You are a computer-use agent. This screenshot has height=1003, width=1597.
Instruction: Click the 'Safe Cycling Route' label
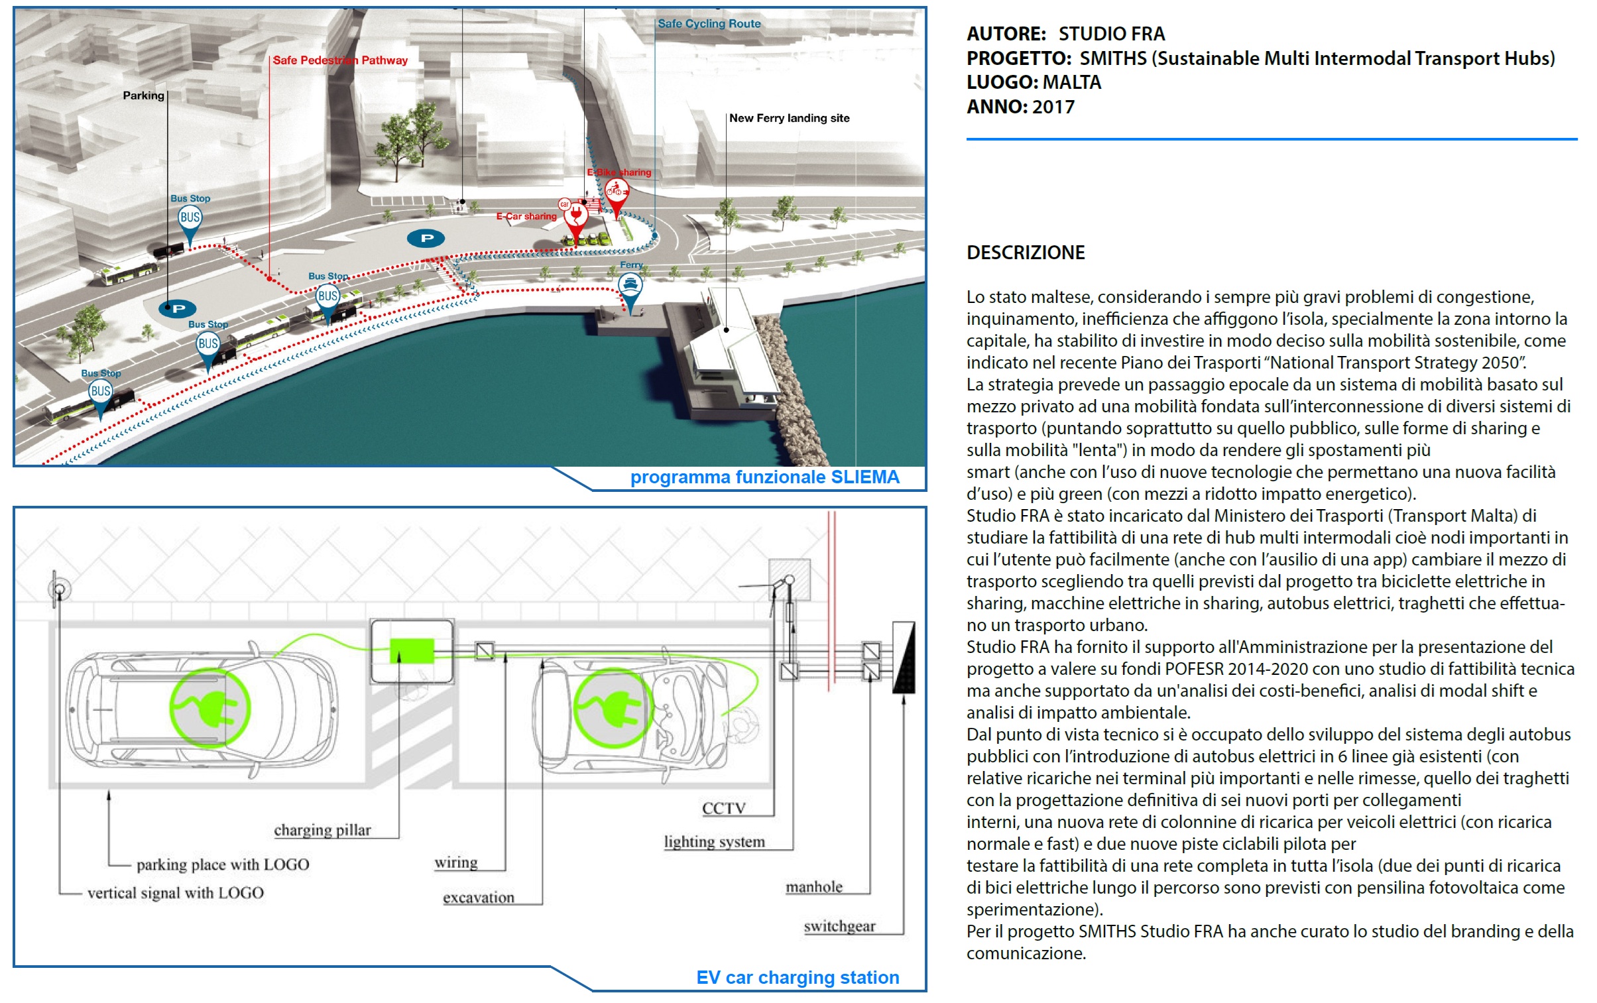(x=709, y=24)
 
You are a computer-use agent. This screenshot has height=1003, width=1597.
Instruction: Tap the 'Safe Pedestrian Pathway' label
(x=340, y=60)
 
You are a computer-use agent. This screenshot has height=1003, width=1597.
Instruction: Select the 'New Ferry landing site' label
(x=789, y=118)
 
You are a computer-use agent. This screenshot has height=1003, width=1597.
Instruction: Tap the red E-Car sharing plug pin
(x=575, y=219)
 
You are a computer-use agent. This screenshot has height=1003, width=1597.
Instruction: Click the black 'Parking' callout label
(x=143, y=95)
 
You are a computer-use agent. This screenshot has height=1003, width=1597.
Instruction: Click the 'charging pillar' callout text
(x=322, y=830)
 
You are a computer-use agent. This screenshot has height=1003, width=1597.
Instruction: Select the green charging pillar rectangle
(x=412, y=651)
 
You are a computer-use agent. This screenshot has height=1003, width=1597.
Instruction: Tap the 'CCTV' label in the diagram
(x=723, y=809)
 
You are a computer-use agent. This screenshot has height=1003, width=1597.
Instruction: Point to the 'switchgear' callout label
(x=840, y=926)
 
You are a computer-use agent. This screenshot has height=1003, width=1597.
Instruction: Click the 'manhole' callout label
(x=814, y=887)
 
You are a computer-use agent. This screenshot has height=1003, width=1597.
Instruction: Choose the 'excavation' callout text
(x=478, y=898)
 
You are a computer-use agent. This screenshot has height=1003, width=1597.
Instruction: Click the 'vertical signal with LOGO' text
(x=176, y=893)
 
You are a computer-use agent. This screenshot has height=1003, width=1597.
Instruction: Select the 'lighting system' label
(x=714, y=842)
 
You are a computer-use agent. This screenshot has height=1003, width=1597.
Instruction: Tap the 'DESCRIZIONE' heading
(x=1026, y=253)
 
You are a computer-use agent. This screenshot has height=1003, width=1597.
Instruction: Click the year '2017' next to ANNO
(x=1053, y=107)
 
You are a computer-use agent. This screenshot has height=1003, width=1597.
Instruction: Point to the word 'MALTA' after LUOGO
(x=1072, y=82)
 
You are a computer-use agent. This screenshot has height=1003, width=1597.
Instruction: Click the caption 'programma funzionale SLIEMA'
(x=764, y=477)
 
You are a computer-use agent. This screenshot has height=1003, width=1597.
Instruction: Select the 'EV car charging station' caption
(x=798, y=978)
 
